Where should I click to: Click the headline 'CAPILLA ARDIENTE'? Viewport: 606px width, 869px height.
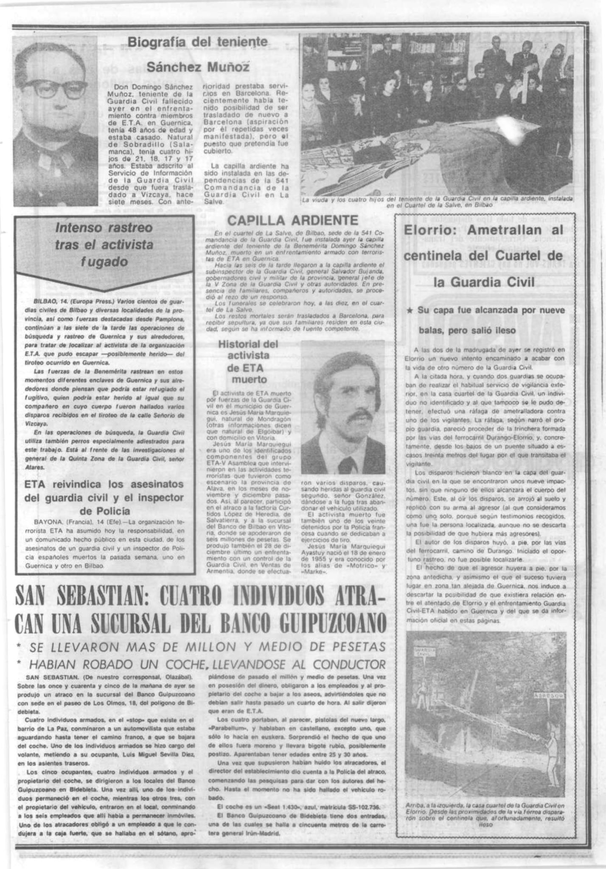click(x=293, y=220)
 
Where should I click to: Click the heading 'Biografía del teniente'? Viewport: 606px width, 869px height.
click(x=198, y=42)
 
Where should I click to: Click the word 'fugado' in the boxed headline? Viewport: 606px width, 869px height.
click(x=104, y=262)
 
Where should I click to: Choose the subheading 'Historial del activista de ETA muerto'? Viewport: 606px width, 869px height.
click(x=248, y=361)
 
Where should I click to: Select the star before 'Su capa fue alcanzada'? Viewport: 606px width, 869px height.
click(x=409, y=311)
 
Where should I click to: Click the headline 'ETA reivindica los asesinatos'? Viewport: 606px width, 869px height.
click(x=104, y=484)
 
